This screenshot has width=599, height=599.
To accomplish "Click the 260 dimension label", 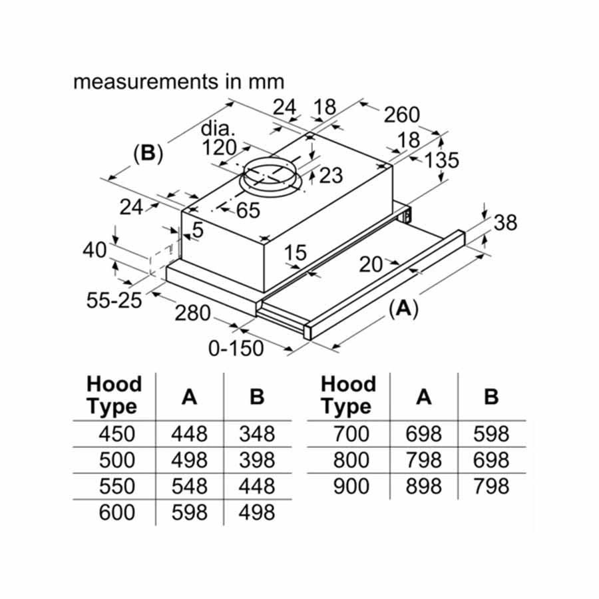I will [x=401, y=114].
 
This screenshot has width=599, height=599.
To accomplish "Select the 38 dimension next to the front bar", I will [x=505, y=222].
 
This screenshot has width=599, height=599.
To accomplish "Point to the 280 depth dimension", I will [x=193, y=312].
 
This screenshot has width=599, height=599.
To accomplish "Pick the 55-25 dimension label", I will [x=114, y=300].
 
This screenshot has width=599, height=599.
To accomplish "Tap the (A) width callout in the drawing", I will [x=403, y=307].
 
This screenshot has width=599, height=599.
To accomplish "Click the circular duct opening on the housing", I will [x=270, y=174].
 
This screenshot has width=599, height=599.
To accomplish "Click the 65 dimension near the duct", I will [x=247, y=210].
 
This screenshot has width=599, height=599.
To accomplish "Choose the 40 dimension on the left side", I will [x=95, y=250].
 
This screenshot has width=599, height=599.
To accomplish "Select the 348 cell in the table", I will [x=256, y=435].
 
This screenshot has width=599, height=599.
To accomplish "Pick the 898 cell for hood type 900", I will [x=423, y=487].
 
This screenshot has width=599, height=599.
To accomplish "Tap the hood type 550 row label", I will [x=116, y=487].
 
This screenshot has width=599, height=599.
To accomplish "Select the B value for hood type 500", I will [x=256, y=461].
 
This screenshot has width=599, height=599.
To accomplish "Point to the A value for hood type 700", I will [x=423, y=435].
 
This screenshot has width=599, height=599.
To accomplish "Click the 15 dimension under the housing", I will [x=294, y=253].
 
